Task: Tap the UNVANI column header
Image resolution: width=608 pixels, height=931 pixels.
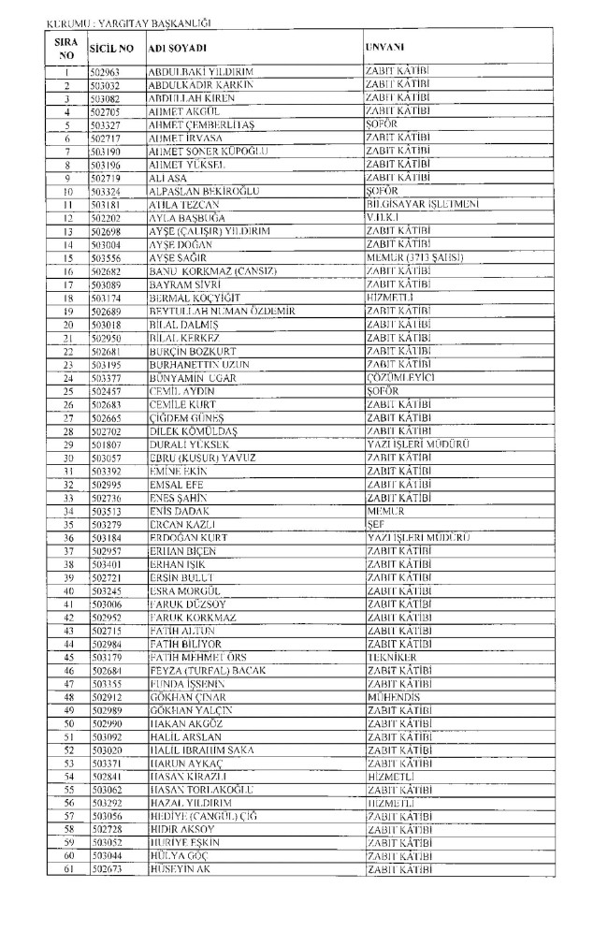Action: click(x=384, y=46)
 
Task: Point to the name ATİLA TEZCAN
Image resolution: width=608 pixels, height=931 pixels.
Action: click(x=183, y=204)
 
